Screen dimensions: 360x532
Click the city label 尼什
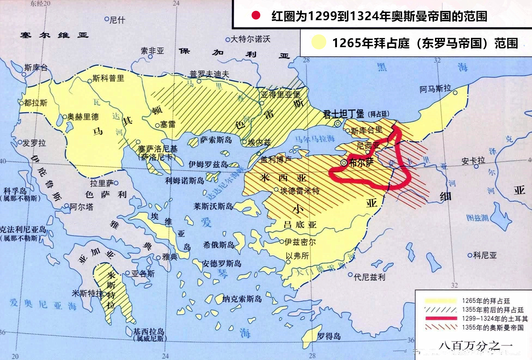click(117, 20)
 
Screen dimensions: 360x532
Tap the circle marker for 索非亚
click(150, 56)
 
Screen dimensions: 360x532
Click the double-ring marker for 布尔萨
click(344, 163)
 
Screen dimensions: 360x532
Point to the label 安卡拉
click(473, 161)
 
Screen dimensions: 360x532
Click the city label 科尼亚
click(485, 255)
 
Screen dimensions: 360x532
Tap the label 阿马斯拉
click(435, 89)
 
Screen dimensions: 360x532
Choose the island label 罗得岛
click(329, 336)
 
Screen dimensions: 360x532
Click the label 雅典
click(170, 256)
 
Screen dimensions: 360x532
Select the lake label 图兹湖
click(477, 217)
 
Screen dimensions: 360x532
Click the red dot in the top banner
click(256, 16)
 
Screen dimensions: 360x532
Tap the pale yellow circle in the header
click(318, 42)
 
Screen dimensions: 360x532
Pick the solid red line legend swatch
click(441, 318)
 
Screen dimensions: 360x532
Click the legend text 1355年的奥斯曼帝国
click(493, 327)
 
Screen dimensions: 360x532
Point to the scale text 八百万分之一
click(475, 345)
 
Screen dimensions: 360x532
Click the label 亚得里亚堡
click(280, 95)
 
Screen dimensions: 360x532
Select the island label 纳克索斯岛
click(242, 299)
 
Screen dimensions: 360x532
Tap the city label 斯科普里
click(108, 78)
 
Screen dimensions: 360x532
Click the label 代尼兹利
click(369, 277)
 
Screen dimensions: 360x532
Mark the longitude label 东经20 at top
click(40, 3)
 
